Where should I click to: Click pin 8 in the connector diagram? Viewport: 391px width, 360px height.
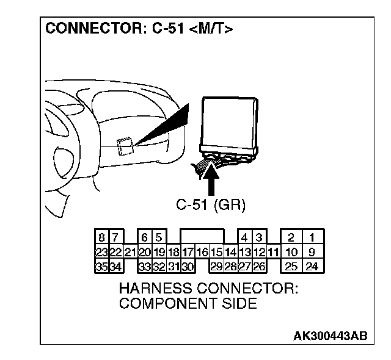pos(101,237)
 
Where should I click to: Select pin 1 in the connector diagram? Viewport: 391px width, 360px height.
pos(312,237)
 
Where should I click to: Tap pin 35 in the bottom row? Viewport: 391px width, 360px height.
pos(101,266)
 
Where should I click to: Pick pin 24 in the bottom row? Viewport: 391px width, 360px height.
pos(312,266)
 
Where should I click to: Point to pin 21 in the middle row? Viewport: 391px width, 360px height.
pos(130,251)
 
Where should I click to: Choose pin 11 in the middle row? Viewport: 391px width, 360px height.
pos(272,251)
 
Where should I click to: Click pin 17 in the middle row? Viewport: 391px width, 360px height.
pos(188,251)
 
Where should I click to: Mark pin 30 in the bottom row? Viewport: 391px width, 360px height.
pos(188,266)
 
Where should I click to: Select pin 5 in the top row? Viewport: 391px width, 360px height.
pos(158,237)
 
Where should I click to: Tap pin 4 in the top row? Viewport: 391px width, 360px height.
pos(244,237)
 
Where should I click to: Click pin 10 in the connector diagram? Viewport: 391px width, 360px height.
pos(292,251)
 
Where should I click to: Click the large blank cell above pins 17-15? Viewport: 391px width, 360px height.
pos(202,237)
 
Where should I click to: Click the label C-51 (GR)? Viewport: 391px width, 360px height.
pos(211,205)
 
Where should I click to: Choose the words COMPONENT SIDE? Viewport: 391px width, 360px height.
pos(188,303)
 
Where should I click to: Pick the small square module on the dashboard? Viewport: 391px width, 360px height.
pos(125,146)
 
